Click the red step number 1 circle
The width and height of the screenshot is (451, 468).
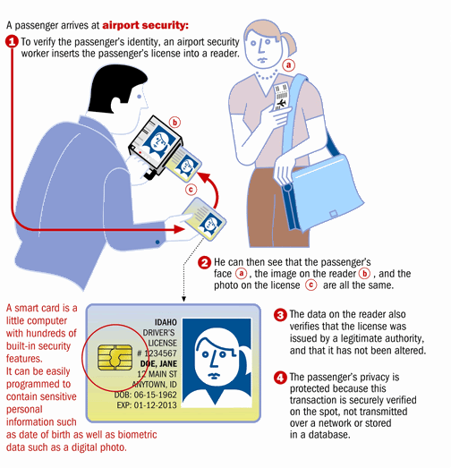tap(12, 41)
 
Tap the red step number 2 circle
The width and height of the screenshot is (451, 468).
tap(204, 263)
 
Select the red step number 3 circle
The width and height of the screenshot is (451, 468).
tap(280, 315)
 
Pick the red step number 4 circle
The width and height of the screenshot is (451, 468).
tap(280, 378)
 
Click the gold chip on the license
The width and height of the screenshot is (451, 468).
tap(115, 357)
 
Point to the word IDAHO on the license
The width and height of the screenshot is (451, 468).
tap(166, 322)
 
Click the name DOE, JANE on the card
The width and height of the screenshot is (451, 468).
tap(158, 363)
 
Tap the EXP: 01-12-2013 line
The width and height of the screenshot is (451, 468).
tap(147, 405)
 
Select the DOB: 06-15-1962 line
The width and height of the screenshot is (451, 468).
tap(145, 395)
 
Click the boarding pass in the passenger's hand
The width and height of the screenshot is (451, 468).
tap(281, 96)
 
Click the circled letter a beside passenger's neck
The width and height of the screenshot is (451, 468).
tap(289, 64)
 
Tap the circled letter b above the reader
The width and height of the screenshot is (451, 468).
tap(175, 122)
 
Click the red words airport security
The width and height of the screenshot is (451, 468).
tap(145, 25)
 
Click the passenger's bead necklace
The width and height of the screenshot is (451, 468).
tap(267, 75)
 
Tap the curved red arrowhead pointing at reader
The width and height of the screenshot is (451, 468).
tap(203, 176)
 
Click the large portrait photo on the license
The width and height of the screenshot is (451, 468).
tap(217, 362)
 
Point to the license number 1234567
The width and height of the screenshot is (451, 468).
tap(157, 353)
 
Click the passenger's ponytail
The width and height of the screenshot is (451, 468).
tap(288, 45)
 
